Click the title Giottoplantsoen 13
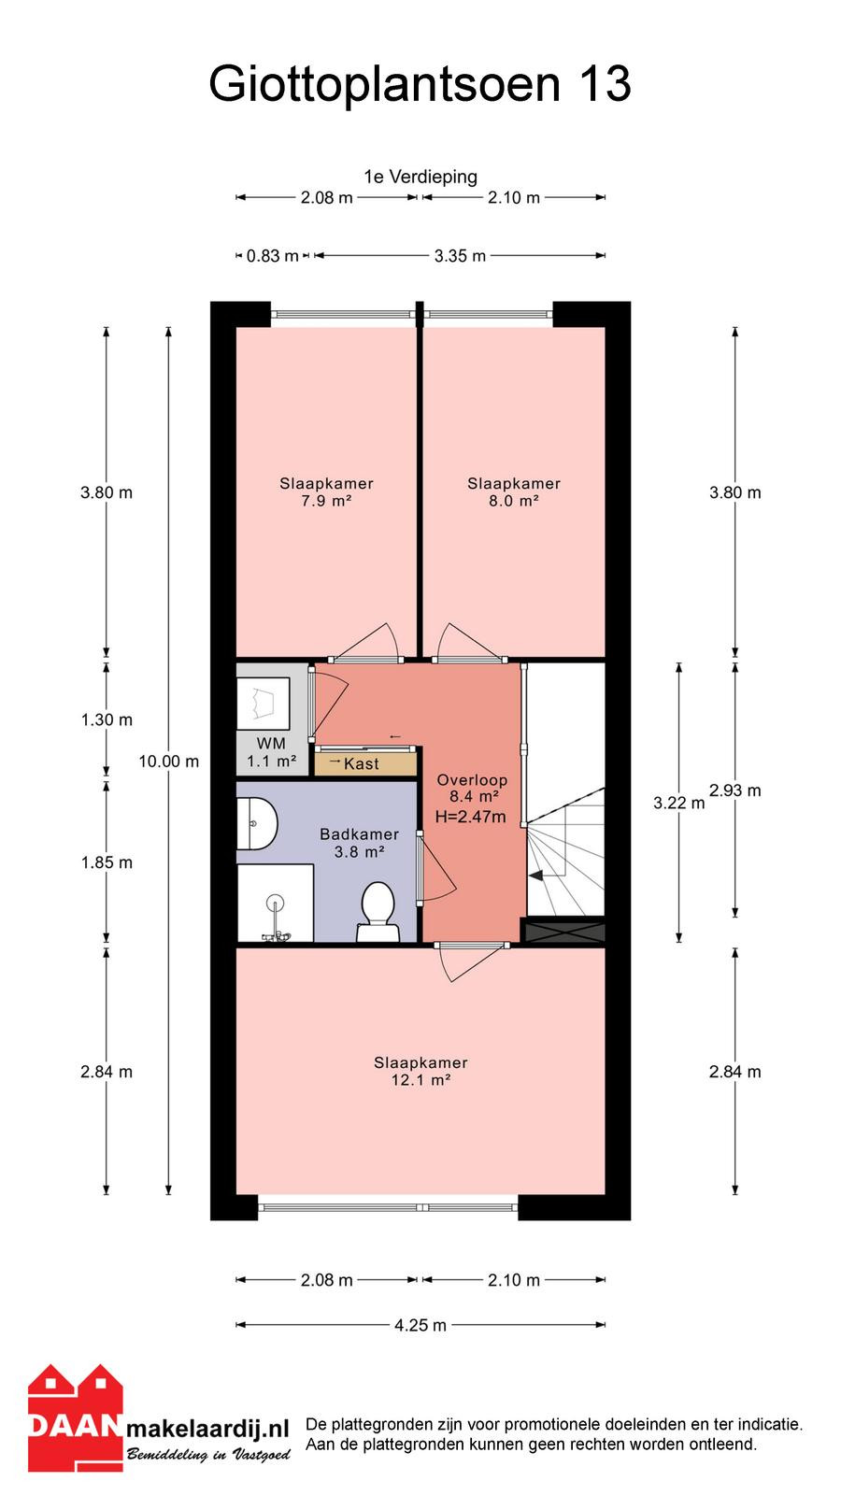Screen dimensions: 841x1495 (420, 84)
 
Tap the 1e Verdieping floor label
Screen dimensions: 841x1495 (420, 177)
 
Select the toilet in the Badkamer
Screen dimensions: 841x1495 (378, 912)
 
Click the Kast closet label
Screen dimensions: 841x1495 (361, 763)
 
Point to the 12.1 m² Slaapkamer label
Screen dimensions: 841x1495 (420, 1071)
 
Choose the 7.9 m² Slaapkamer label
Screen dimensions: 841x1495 (326, 491)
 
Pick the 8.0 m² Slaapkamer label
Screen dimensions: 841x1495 (514, 491)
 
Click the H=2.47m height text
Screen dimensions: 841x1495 (471, 817)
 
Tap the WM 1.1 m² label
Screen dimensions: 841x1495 (272, 752)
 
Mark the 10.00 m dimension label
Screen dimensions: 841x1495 (169, 761)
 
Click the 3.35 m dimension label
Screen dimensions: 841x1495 (460, 256)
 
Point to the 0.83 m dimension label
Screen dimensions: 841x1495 (272, 256)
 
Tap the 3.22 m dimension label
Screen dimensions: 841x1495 (678, 803)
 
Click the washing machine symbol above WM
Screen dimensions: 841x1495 (264, 704)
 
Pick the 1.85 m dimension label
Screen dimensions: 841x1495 (107, 862)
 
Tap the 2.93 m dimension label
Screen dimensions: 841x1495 (734, 790)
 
